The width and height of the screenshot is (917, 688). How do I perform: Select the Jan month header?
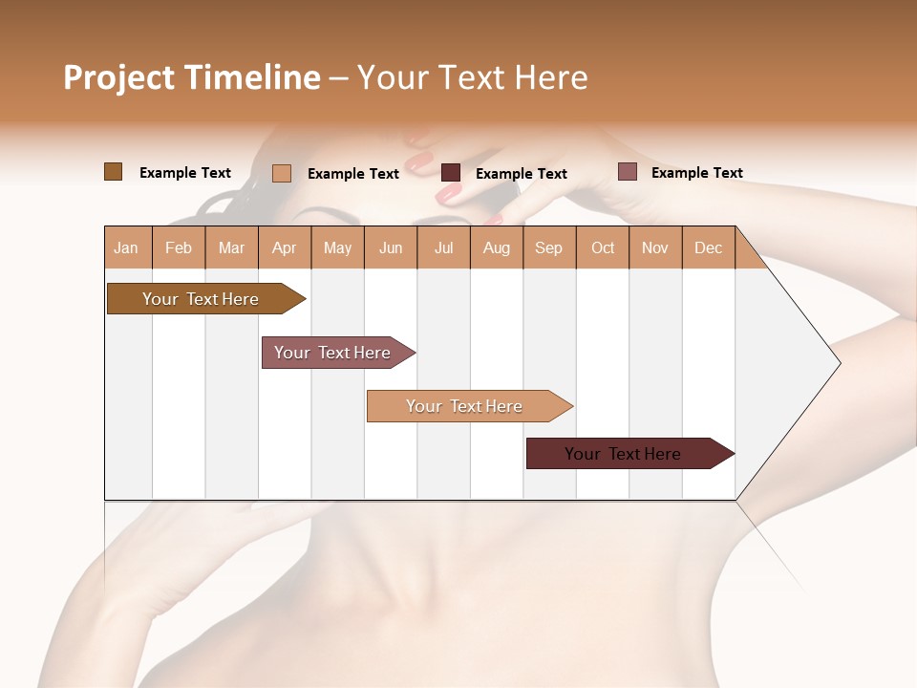(126, 248)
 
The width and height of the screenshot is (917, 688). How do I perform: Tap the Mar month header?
(231, 248)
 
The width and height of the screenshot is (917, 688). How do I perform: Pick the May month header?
(337, 248)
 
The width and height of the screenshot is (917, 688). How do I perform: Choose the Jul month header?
(443, 248)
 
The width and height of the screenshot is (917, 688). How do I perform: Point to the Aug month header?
(496, 248)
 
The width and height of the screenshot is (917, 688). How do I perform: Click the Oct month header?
(603, 248)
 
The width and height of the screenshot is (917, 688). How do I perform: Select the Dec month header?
(708, 248)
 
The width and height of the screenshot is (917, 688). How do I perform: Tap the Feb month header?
(179, 248)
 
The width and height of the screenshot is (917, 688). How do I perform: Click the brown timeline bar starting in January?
(201, 299)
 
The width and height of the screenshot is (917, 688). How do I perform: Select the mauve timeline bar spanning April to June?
(332, 353)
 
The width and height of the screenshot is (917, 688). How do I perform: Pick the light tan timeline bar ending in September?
(464, 406)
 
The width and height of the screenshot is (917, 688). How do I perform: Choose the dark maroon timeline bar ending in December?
(623, 454)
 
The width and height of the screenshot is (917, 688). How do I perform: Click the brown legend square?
(113, 172)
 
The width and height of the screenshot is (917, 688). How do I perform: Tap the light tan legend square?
(282, 173)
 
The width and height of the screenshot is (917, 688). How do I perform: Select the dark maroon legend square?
(451, 173)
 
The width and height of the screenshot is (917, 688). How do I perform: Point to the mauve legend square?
(627, 172)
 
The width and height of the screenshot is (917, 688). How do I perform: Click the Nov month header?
(655, 248)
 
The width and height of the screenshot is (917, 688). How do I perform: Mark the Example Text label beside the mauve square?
(696, 173)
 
